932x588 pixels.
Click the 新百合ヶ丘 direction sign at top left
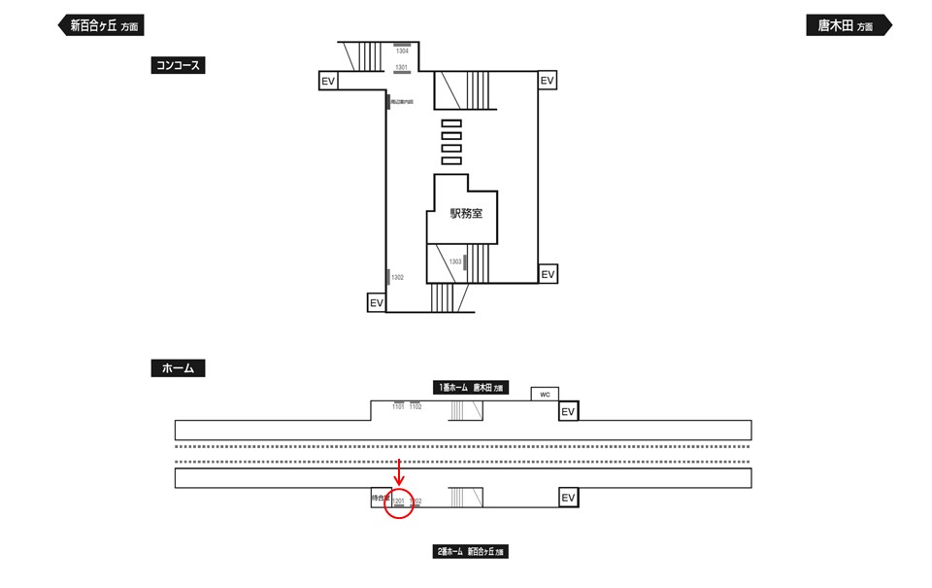(x=101, y=26)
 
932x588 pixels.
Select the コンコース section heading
(x=179, y=66)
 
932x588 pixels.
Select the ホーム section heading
(x=178, y=368)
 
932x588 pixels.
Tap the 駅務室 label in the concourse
(x=466, y=214)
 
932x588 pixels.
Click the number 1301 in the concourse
(x=401, y=67)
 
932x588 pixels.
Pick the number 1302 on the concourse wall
(x=397, y=278)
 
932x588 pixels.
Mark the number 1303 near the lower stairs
(x=454, y=261)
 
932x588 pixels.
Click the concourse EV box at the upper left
(x=328, y=81)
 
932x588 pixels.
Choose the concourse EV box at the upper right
(x=548, y=80)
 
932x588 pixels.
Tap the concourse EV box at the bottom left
(x=377, y=303)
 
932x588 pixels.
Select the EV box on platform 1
(x=569, y=411)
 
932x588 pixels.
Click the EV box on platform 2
(x=570, y=498)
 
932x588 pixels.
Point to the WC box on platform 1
(x=545, y=394)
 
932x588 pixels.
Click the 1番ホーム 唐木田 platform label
(x=471, y=387)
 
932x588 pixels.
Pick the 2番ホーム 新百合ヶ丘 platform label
(x=471, y=552)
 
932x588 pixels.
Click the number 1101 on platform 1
(x=398, y=406)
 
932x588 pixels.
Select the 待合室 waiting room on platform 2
(x=380, y=498)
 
